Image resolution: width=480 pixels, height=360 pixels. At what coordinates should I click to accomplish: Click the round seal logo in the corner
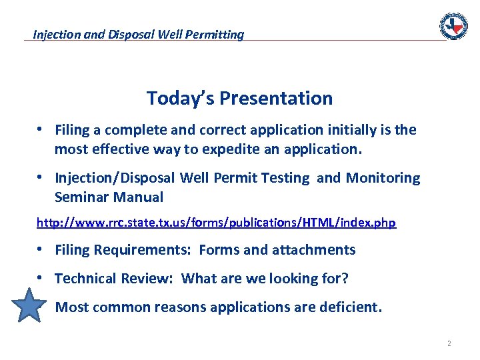(x=453, y=27)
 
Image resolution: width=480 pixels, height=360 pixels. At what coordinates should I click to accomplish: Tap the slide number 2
(x=449, y=344)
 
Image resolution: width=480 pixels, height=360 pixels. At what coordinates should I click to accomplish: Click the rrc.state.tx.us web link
(x=216, y=223)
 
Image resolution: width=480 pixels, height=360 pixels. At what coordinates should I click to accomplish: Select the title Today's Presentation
(x=239, y=99)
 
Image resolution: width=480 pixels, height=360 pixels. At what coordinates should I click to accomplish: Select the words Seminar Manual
(x=109, y=197)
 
